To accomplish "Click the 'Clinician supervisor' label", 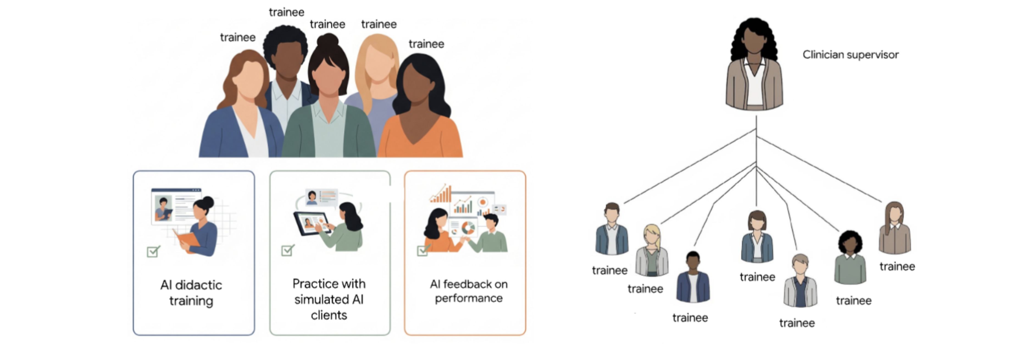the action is [850, 55].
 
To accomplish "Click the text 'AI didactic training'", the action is [191, 293].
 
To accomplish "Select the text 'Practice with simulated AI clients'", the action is [329, 299].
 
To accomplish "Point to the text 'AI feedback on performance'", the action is [468, 291].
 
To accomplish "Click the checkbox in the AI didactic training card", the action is [153, 252].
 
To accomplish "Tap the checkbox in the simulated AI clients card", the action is [287, 250].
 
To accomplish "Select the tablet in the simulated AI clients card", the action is [312, 224].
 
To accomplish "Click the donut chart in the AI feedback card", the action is [468, 228].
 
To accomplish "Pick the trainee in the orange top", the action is [421, 106].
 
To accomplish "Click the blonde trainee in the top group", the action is [376, 80].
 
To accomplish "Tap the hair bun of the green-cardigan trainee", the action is [328, 40].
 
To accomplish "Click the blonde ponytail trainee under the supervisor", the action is [652, 250].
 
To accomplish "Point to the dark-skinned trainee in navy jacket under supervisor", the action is [693, 277].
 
